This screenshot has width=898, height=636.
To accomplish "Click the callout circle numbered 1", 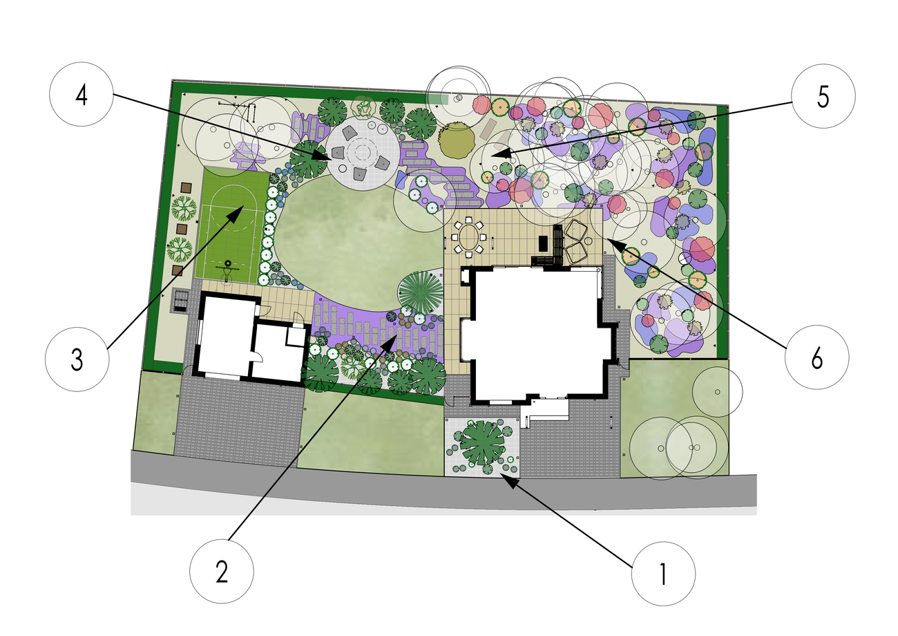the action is [663, 573].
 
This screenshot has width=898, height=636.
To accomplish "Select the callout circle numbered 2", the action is [221, 571].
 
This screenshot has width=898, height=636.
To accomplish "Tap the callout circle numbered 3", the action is [77, 359].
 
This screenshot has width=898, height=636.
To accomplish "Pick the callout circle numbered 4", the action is [82, 95].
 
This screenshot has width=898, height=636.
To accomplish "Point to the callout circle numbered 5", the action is [823, 96].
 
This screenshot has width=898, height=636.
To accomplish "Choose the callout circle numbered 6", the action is [816, 357].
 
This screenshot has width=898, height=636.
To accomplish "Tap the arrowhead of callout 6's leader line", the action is [613, 243].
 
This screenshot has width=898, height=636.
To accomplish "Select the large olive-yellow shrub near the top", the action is [456, 140].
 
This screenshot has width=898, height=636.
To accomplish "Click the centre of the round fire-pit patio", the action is [363, 153].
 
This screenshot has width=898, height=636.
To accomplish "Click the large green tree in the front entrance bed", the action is [481, 442].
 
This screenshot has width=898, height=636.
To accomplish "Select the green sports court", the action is [233, 225].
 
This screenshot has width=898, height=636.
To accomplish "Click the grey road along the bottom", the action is [441, 489].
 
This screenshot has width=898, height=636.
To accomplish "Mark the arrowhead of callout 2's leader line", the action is [392, 342].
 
